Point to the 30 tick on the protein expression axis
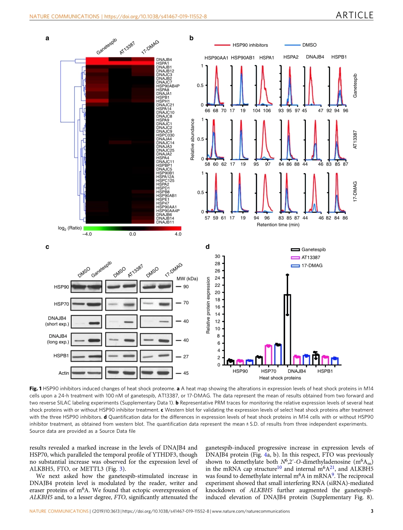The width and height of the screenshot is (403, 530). click(217, 256)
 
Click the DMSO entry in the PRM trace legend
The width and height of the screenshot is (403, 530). click(309, 45)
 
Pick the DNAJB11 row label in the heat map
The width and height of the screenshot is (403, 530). click(165, 222)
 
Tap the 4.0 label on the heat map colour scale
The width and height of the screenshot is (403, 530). click(178, 234)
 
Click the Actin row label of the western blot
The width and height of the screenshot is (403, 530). click(64, 373)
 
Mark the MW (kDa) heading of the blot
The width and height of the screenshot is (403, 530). click(187, 278)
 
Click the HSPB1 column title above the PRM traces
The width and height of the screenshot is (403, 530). click(339, 56)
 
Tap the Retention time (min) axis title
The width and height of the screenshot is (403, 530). click(278, 225)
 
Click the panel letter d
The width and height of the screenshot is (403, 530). click(207, 246)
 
